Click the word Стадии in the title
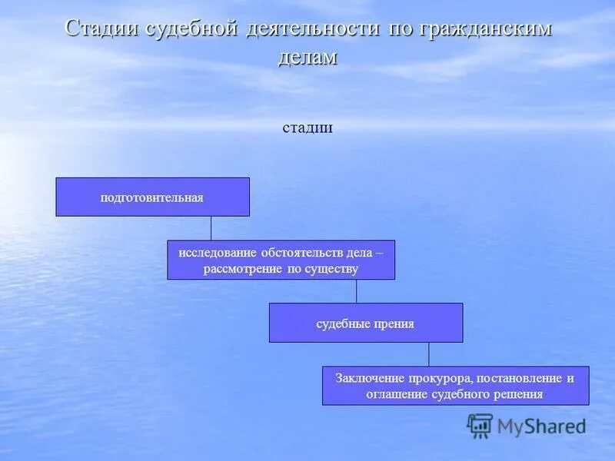coord(103,28)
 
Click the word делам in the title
coord(307,57)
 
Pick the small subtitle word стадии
coord(307,128)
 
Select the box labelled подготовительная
coord(152,197)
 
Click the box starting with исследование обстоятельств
coord(281,260)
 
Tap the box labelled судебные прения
coord(365,323)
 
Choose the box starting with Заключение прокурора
coord(455,386)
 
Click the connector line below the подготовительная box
coord(211,228)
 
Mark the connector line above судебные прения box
coord(356,291)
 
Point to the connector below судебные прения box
coord(429,354)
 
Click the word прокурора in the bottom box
coord(436,378)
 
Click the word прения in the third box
coord(395,323)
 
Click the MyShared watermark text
coord(541,426)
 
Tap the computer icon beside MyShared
coord(480,425)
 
